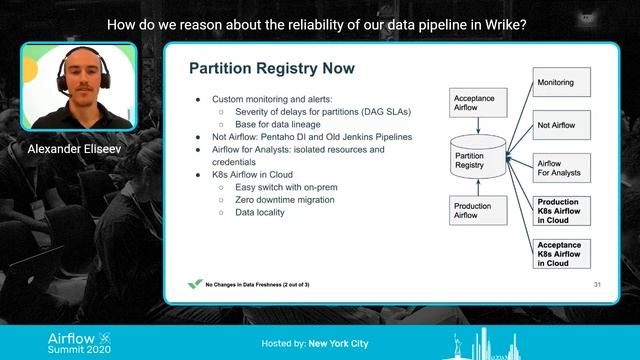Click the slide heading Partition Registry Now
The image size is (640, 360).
(264, 69)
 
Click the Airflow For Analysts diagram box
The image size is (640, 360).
(563, 168)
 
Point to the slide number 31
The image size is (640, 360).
(597, 284)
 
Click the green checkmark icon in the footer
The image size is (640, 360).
(195, 284)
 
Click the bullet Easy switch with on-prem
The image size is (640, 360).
(281, 187)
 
